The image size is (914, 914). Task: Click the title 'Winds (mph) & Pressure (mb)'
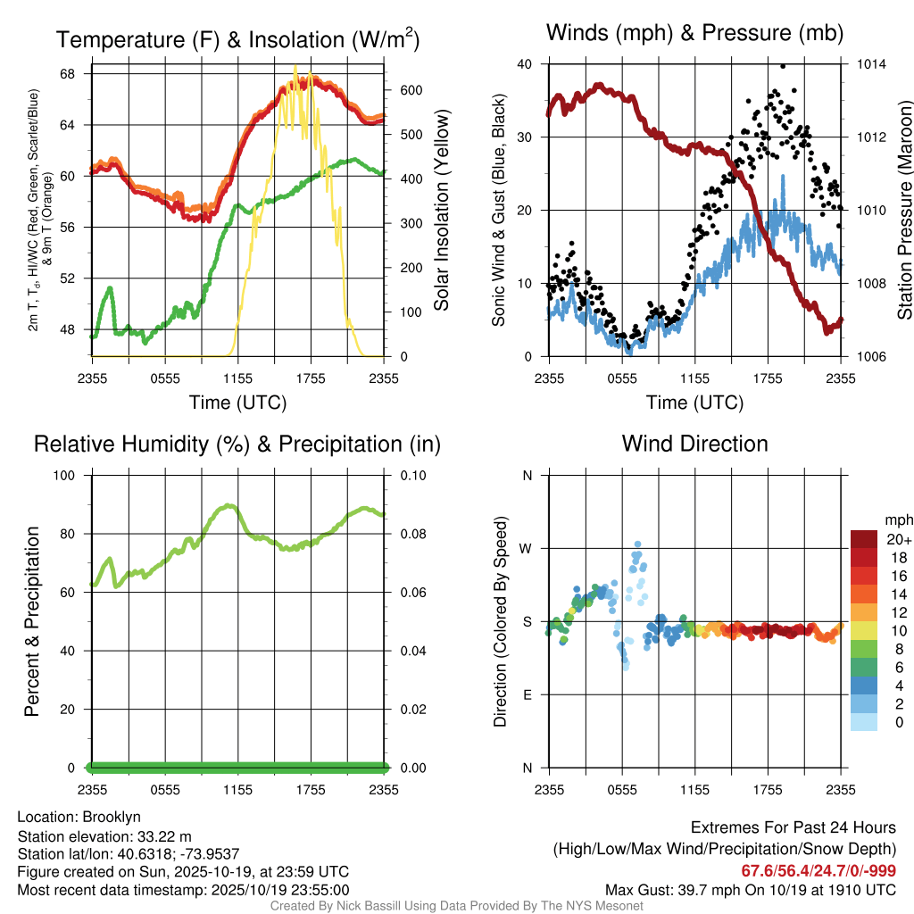click(694, 34)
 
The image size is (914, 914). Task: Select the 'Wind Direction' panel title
click(694, 444)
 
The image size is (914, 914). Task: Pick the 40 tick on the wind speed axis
click(524, 64)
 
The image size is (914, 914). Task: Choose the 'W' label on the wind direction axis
click(526, 548)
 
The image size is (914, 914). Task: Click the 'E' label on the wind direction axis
click(527, 694)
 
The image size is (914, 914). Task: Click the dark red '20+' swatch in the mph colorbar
click(865, 539)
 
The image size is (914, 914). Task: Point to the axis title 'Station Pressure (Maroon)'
click(903, 210)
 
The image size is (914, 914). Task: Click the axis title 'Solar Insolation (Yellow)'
click(442, 211)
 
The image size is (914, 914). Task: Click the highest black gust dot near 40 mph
click(783, 65)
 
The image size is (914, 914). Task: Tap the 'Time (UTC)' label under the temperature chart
click(238, 403)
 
